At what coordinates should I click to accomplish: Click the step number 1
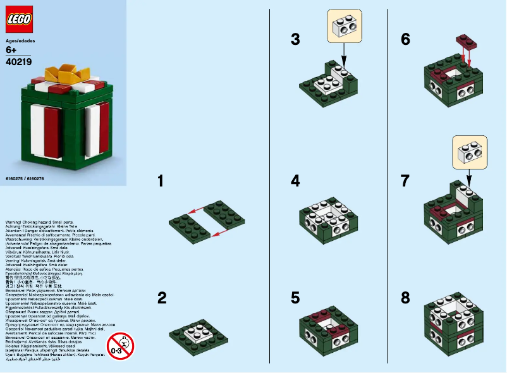click(161, 181)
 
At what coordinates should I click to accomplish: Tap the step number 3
click(295, 39)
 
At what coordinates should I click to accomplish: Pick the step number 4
click(295, 181)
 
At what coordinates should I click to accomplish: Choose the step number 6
click(405, 39)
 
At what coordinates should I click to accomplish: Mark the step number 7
click(405, 181)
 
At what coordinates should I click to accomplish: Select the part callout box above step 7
click(470, 151)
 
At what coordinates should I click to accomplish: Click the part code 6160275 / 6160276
click(25, 179)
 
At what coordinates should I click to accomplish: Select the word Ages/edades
click(20, 40)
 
